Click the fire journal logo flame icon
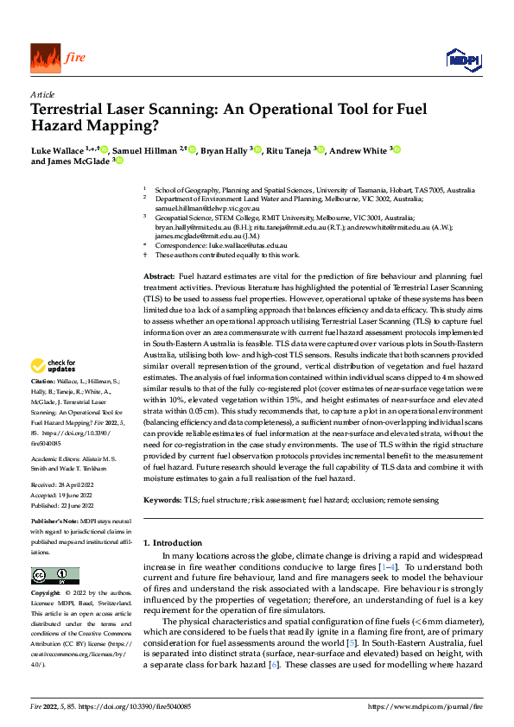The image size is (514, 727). coord(45,57)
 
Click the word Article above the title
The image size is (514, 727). coord(42,94)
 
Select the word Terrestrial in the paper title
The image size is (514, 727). coord(70,110)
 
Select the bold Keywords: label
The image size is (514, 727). coord(162,499)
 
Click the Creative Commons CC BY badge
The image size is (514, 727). coord(54,575)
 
